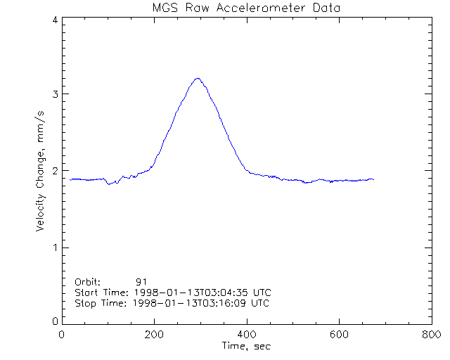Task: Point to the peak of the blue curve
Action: (198, 78)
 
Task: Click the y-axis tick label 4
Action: (54, 20)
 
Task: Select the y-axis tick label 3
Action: (54, 94)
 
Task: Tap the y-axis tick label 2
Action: (54, 171)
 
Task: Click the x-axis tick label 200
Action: (155, 335)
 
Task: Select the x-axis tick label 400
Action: (247, 335)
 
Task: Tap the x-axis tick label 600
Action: (339, 335)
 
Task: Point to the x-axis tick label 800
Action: (431, 335)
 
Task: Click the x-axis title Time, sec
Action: (246, 346)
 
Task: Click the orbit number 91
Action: (141, 281)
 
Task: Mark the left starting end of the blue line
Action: (70, 179)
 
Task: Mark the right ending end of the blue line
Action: (373, 179)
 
